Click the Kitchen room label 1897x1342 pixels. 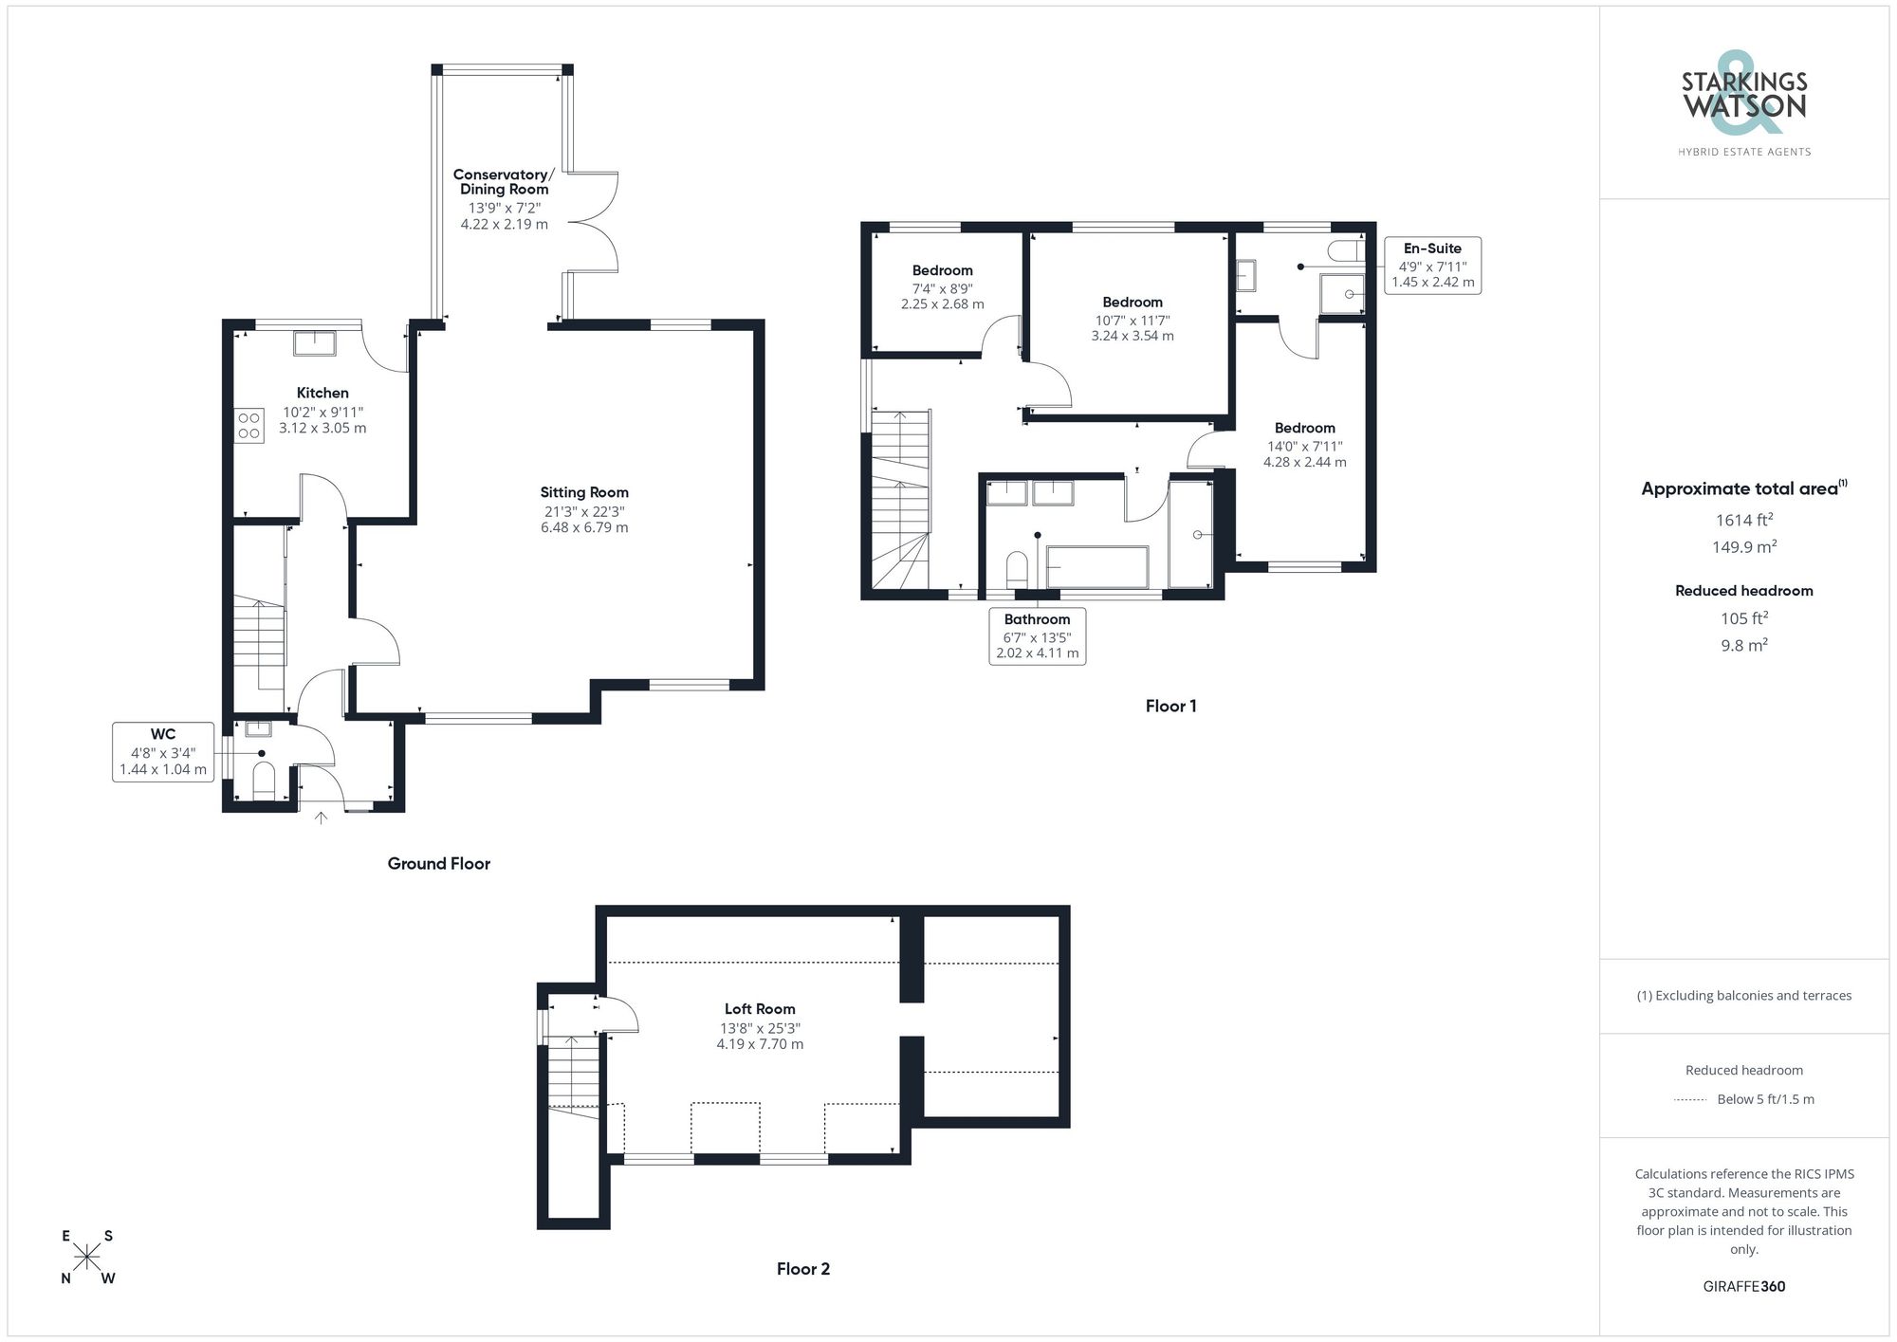point(322,393)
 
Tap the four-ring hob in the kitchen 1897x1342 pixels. point(249,426)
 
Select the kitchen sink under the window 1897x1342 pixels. point(314,342)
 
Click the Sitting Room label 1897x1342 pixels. point(584,492)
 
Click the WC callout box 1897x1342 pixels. point(163,751)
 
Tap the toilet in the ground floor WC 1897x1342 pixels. point(264,782)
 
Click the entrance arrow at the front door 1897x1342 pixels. point(321,818)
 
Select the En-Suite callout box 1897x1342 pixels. point(1432,265)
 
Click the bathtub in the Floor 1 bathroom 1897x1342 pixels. point(1096,567)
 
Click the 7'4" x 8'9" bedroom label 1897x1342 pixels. point(942,287)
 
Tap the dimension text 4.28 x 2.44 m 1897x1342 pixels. point(1304,463)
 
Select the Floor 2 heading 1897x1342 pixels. point(802,1269)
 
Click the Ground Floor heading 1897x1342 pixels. point(438,863)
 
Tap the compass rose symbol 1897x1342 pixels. point(87,1258)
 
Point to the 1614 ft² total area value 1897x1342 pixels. point(1743,520)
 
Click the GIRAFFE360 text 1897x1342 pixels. point(1743,1286)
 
